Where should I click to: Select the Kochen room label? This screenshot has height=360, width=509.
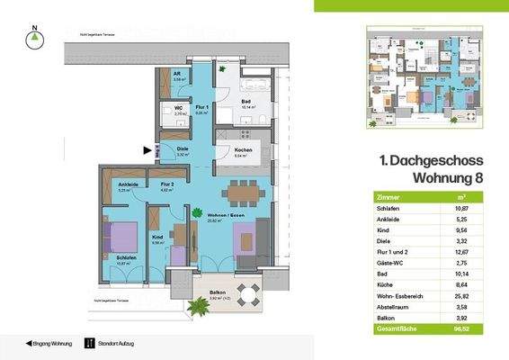pos(243,149)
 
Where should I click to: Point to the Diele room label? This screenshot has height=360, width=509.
pos(182,149)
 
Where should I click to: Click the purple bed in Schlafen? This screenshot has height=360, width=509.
pos(118,239)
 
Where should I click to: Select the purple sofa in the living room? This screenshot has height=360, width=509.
pos(249,240)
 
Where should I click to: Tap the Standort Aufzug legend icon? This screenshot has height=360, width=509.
pos(88,343)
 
